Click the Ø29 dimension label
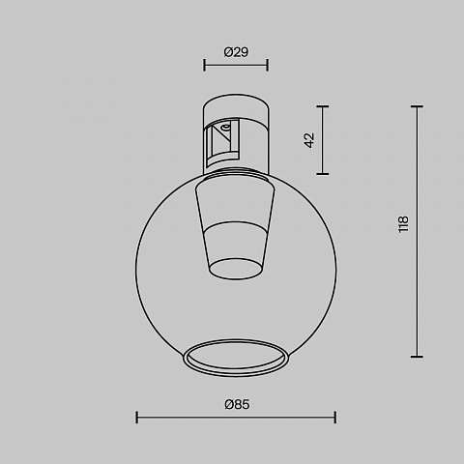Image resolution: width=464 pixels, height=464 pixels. click(236, 52)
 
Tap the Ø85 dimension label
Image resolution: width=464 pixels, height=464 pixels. click(237, 404)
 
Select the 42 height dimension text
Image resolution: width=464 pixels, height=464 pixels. click(309, 140)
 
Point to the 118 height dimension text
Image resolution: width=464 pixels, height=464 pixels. click(403, 224)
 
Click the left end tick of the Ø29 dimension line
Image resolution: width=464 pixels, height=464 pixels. click(204, 65)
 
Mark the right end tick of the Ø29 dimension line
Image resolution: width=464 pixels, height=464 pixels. click(268, 65)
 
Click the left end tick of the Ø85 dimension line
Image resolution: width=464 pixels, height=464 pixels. click(137, 418)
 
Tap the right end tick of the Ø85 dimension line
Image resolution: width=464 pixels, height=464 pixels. click(335, 418)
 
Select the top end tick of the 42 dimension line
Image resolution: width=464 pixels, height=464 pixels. click(323, 106)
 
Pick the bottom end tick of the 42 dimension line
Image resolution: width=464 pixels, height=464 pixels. click(323, 174)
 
